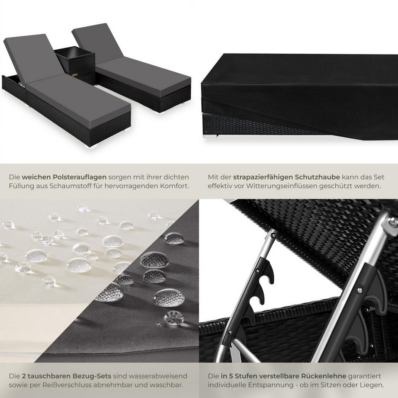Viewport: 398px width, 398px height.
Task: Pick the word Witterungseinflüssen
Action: point(285,186)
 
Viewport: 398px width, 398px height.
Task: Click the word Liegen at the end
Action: point(372,385)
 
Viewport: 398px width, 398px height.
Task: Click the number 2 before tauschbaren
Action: point(24,376)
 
